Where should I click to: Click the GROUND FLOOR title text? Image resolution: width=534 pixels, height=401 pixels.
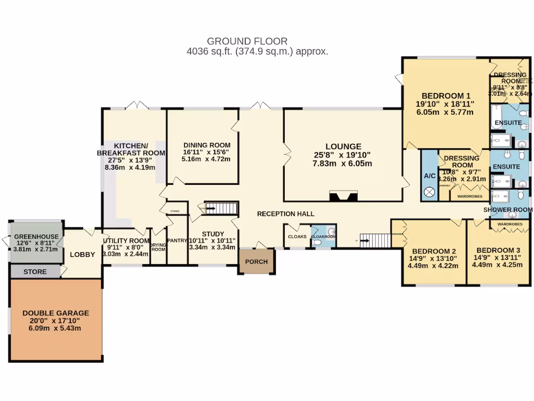247,41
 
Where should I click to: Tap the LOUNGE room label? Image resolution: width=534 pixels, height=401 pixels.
343,146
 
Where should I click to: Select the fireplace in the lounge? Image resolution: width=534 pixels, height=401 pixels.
343,196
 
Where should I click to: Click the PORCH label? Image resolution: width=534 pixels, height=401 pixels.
256,262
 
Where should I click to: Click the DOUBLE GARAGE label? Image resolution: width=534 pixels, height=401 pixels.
56,313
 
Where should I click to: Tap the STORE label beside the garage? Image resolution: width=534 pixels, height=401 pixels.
35,272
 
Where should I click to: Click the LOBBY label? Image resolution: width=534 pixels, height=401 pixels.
82,255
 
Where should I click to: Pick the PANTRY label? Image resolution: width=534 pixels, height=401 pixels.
177,241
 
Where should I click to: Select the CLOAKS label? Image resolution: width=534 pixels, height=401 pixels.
297,237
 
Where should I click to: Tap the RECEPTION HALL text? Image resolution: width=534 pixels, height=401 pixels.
286,214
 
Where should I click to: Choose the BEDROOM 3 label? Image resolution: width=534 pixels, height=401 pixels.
491,250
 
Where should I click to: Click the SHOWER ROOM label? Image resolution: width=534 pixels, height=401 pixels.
508,210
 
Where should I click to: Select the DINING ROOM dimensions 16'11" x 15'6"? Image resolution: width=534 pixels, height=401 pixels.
207,152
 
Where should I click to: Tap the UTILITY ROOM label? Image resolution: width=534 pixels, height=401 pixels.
126,233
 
